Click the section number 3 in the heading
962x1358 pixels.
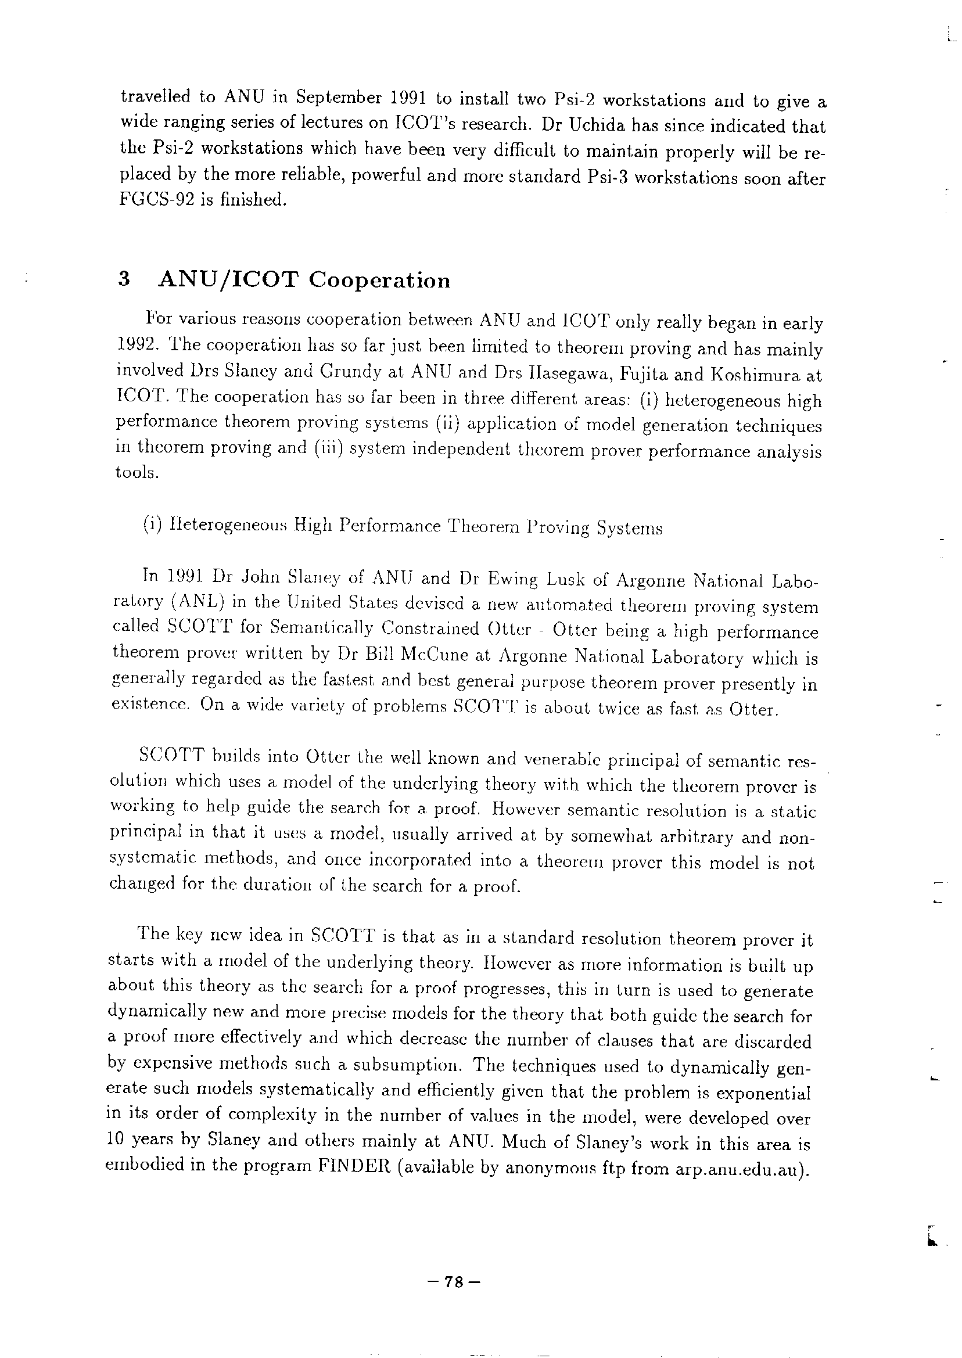click(x=124, y=279)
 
